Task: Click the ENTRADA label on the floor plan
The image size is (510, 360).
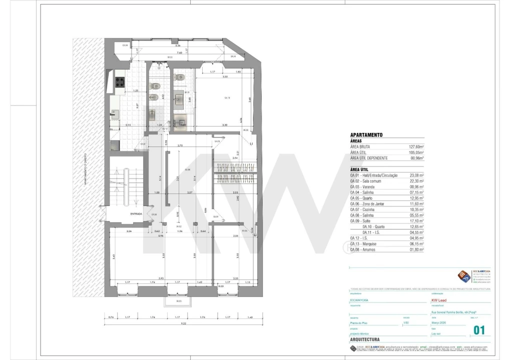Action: pos(136,214)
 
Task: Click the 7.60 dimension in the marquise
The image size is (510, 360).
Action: pos(178,52)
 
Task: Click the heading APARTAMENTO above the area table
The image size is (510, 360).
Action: pos(366,135)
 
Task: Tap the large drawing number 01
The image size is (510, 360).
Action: pos(479,330)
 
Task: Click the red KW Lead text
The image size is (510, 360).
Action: pos(440,300)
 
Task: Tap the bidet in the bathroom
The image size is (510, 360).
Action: pos(154,97)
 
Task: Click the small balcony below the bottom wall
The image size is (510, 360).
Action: pos(179,301)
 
